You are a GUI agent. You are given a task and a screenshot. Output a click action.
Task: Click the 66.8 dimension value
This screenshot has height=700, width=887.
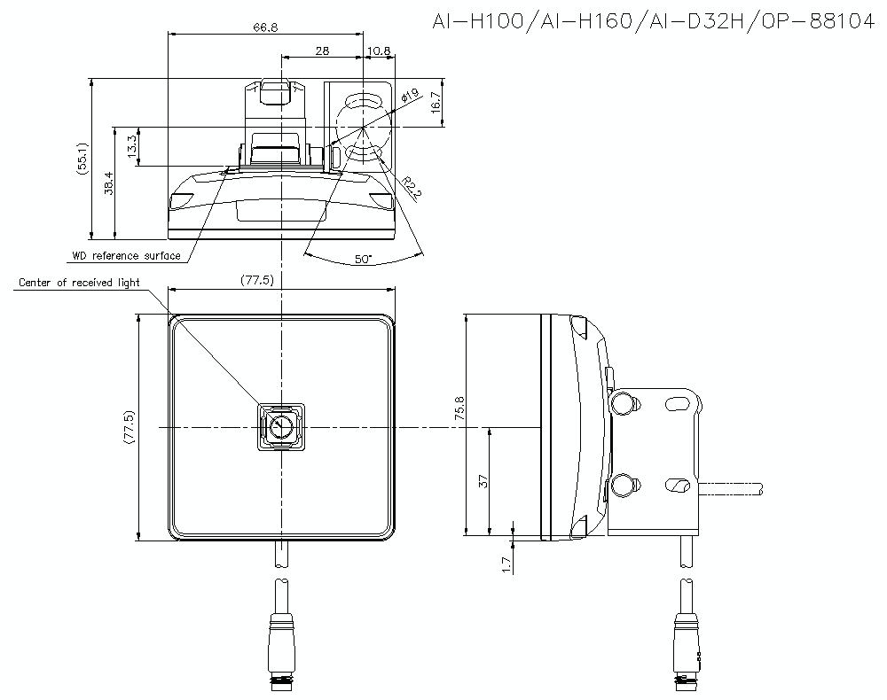264,27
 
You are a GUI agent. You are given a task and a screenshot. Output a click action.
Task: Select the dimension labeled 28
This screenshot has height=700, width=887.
321,51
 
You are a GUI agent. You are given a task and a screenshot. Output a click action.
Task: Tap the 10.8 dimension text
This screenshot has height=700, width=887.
380,51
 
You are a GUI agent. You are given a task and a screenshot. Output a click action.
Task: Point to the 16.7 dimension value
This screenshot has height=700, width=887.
435,104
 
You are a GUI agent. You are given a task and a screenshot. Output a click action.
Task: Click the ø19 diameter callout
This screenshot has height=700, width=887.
410,95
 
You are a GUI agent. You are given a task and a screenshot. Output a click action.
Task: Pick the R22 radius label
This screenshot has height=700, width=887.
409,187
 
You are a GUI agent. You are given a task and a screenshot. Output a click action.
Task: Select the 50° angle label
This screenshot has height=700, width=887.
363,260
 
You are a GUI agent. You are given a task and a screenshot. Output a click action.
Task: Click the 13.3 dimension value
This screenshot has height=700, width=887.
132,146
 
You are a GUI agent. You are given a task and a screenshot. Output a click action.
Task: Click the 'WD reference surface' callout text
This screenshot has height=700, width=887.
126,256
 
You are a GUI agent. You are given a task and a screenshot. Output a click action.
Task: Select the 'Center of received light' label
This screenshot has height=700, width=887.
79,284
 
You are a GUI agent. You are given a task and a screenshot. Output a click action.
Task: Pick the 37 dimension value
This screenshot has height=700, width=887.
483,481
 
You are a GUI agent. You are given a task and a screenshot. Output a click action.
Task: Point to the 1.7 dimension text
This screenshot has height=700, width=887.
506,564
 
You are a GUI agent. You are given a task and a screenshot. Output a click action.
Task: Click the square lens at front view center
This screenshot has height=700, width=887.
281,428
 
